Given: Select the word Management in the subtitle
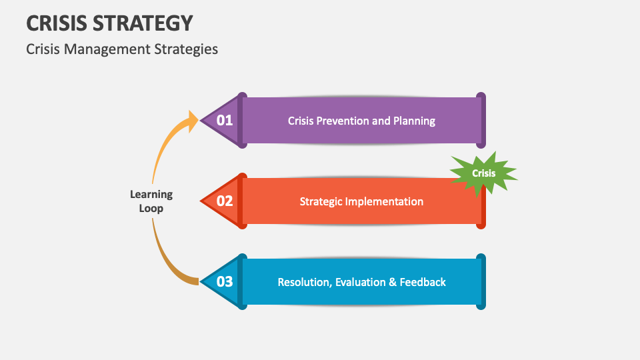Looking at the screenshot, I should (99, 49).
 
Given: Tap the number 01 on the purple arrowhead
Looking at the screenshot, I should (225, 121).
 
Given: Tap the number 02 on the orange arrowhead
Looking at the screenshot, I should (225, 201).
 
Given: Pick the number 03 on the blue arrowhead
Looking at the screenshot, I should (225, 281).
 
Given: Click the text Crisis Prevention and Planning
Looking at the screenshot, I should (361, 121).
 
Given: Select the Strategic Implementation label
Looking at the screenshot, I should (361, 201).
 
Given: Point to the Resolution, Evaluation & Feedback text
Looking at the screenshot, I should (361, 282).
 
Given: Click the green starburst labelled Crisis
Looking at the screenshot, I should (484, 173).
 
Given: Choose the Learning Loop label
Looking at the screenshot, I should (151, 201).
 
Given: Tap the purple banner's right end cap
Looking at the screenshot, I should (481, 120).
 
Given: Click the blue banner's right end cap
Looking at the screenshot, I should (481, 281).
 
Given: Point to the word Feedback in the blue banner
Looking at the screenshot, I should (423, 282).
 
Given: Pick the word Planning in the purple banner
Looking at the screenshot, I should (414, 121).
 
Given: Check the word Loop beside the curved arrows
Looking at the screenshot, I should (151, 208).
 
